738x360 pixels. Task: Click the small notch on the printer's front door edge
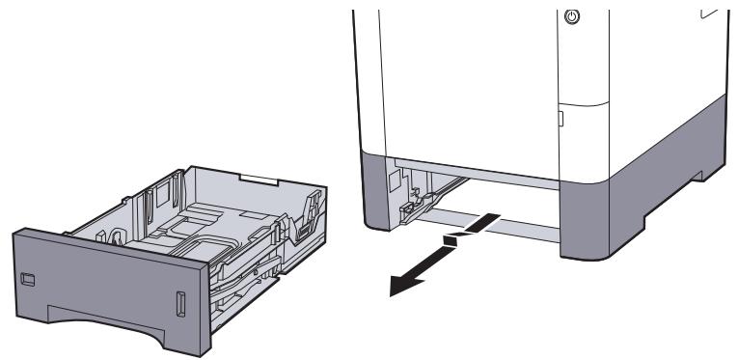559,120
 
